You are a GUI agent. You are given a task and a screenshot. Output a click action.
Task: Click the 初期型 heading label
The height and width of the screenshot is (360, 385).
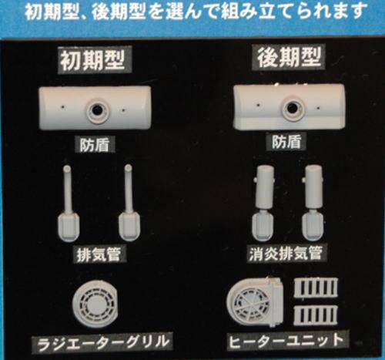(92, 60)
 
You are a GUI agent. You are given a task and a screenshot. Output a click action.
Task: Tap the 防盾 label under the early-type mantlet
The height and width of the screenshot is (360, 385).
(95, 145)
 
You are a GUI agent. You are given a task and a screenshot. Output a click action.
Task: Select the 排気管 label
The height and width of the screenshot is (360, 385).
(99, 254)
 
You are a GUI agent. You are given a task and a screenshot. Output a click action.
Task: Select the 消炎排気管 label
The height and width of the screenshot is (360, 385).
(286, 253)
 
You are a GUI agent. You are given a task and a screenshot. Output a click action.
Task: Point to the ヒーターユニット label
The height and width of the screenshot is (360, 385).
(286, 341)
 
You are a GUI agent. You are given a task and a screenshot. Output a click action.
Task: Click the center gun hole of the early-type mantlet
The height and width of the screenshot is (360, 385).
(97, 111)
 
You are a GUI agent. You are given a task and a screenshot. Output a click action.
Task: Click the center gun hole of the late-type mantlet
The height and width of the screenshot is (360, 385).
(291, 108)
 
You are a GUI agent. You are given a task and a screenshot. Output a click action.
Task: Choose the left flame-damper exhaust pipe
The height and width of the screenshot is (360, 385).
(264, 203)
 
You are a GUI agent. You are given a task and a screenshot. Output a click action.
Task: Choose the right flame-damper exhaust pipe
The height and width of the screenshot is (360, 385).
(313, 203)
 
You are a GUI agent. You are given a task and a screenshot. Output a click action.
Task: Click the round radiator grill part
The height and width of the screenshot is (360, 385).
(95, 304)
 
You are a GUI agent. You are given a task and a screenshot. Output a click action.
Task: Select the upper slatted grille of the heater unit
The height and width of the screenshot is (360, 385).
(316, 288)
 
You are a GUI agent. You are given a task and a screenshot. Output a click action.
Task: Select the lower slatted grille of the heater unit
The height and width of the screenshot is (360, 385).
(316, 315)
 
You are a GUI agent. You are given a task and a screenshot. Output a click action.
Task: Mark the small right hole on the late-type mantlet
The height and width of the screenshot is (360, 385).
(318, 108)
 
